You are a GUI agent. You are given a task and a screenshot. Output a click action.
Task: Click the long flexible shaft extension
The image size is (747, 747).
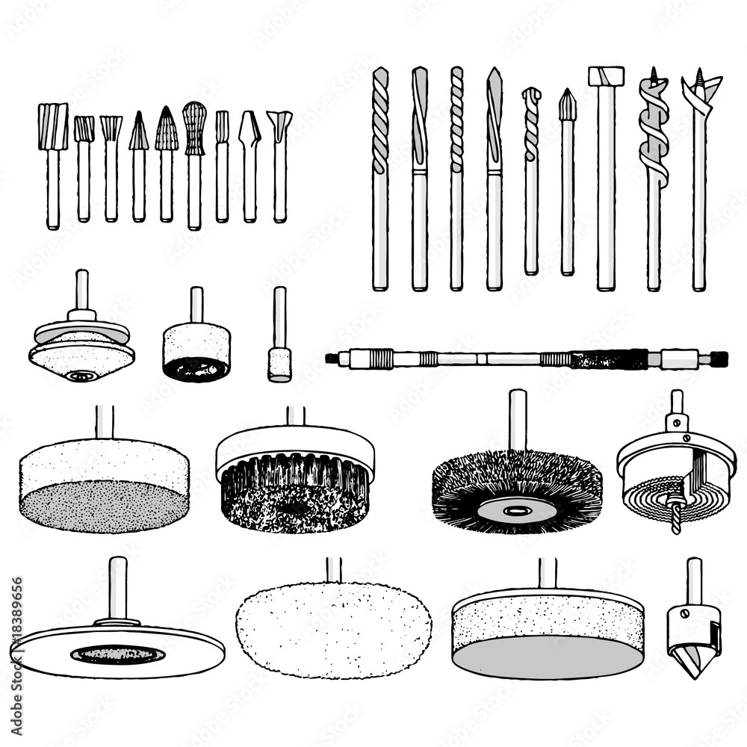(x=523, y=359)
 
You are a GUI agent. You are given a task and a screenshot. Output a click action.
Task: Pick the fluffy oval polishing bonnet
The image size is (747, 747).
(x=333, y=630)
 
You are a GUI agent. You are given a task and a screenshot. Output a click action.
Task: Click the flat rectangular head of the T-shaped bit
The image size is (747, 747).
(x=605, y=75)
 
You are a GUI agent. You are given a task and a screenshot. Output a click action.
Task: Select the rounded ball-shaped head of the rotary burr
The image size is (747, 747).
(x=194, y=127)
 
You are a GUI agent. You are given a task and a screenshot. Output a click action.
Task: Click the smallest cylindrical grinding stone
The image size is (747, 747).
(x=279, y=364)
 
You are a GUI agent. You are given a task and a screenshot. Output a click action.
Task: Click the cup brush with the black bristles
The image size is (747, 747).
(x=295, y=486)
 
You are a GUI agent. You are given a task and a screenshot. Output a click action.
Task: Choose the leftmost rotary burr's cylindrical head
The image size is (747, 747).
(x=53, y=127)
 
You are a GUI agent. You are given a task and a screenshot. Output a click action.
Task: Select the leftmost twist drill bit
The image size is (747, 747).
(x=380, y=120)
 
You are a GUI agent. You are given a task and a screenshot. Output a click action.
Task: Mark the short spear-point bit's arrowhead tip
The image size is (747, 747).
(x=567, y=105)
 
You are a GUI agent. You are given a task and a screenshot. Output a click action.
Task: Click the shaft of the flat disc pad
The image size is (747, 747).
(x=117, y=590)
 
